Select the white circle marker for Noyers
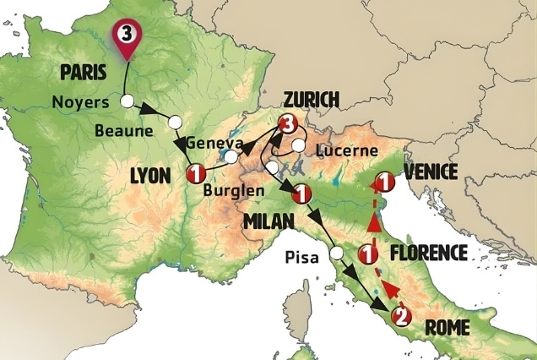(127, 101)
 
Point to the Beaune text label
(123, 131)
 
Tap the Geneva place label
(214, 142)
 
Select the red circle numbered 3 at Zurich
(287, 126)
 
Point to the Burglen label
(235, 190)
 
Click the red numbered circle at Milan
(299, 196)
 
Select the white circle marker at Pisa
(337, 254)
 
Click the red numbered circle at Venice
(384, 182)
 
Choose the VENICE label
(431, 172)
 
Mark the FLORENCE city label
(428, 252)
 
